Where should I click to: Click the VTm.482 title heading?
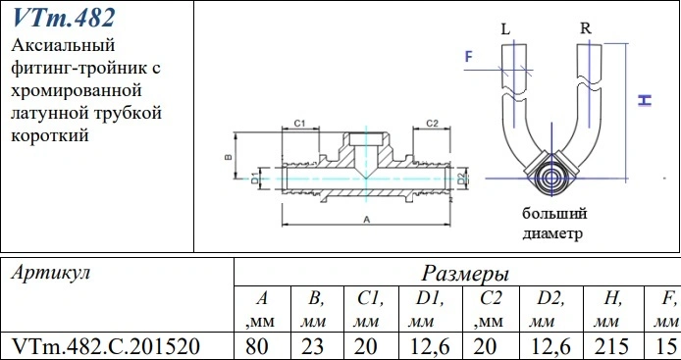(64, 19)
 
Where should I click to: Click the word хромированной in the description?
(77, 90)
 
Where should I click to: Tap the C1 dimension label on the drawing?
(299, 124)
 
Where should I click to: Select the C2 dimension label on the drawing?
(432, 124)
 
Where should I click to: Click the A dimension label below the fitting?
(366, 220)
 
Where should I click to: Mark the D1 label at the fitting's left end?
(255, 179)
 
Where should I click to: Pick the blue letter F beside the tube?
(469, 57)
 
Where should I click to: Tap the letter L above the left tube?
(505, 29)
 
